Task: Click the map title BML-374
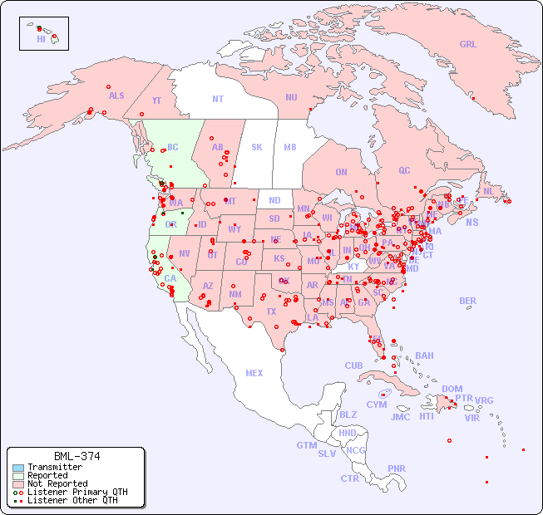(x=77, y=456)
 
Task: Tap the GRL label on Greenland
(x=468, y=45)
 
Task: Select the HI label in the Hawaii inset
(x=41, y=39)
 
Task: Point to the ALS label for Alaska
(x=116, y=96)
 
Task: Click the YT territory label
(x=156, y=101)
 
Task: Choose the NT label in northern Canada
(x=218, y=99)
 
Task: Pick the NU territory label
(x=291, y=97)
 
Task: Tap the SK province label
(x=257, y=147)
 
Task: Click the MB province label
(x=289, y=147)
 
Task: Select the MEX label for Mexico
(x=254, y=373)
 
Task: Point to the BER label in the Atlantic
(x=468, y=301)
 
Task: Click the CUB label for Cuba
(x=353, y=365)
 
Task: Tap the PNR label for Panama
(x=397, y=468)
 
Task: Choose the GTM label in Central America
(x=306, y=445)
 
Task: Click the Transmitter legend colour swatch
(x=17, y=468)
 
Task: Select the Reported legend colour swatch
(x=17, y=476)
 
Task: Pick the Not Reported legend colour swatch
(x=17, y=483)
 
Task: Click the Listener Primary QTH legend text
(x=77, y=492)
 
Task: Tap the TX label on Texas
(x=271, y=312)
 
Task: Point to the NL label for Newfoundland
(x=488, y=191)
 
